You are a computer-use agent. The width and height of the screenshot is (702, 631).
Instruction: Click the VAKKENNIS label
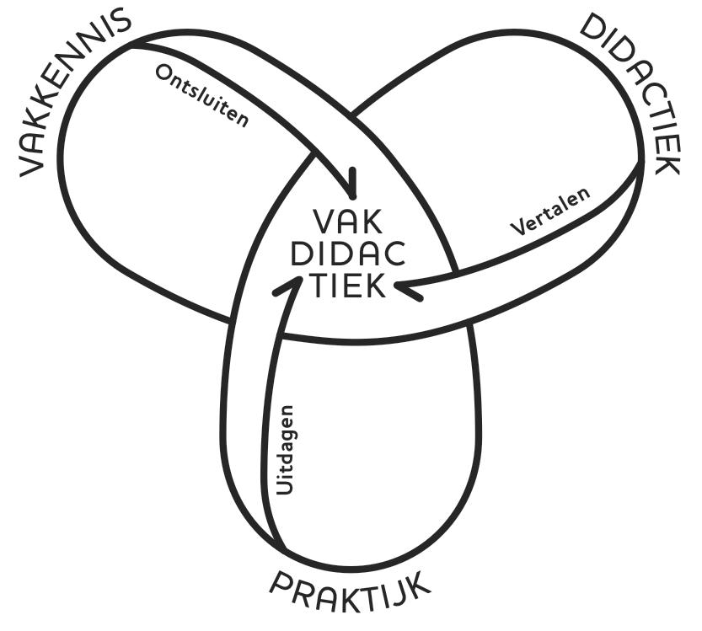point(74,88)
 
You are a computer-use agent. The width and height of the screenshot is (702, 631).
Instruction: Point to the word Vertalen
point(550,211)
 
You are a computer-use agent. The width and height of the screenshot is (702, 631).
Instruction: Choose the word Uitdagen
point(286,450)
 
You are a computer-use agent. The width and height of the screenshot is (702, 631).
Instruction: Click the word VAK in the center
point(347,222)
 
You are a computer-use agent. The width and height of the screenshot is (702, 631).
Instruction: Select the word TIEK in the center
point(347,286)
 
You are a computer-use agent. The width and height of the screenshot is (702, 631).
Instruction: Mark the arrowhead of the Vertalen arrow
point(407,289)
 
